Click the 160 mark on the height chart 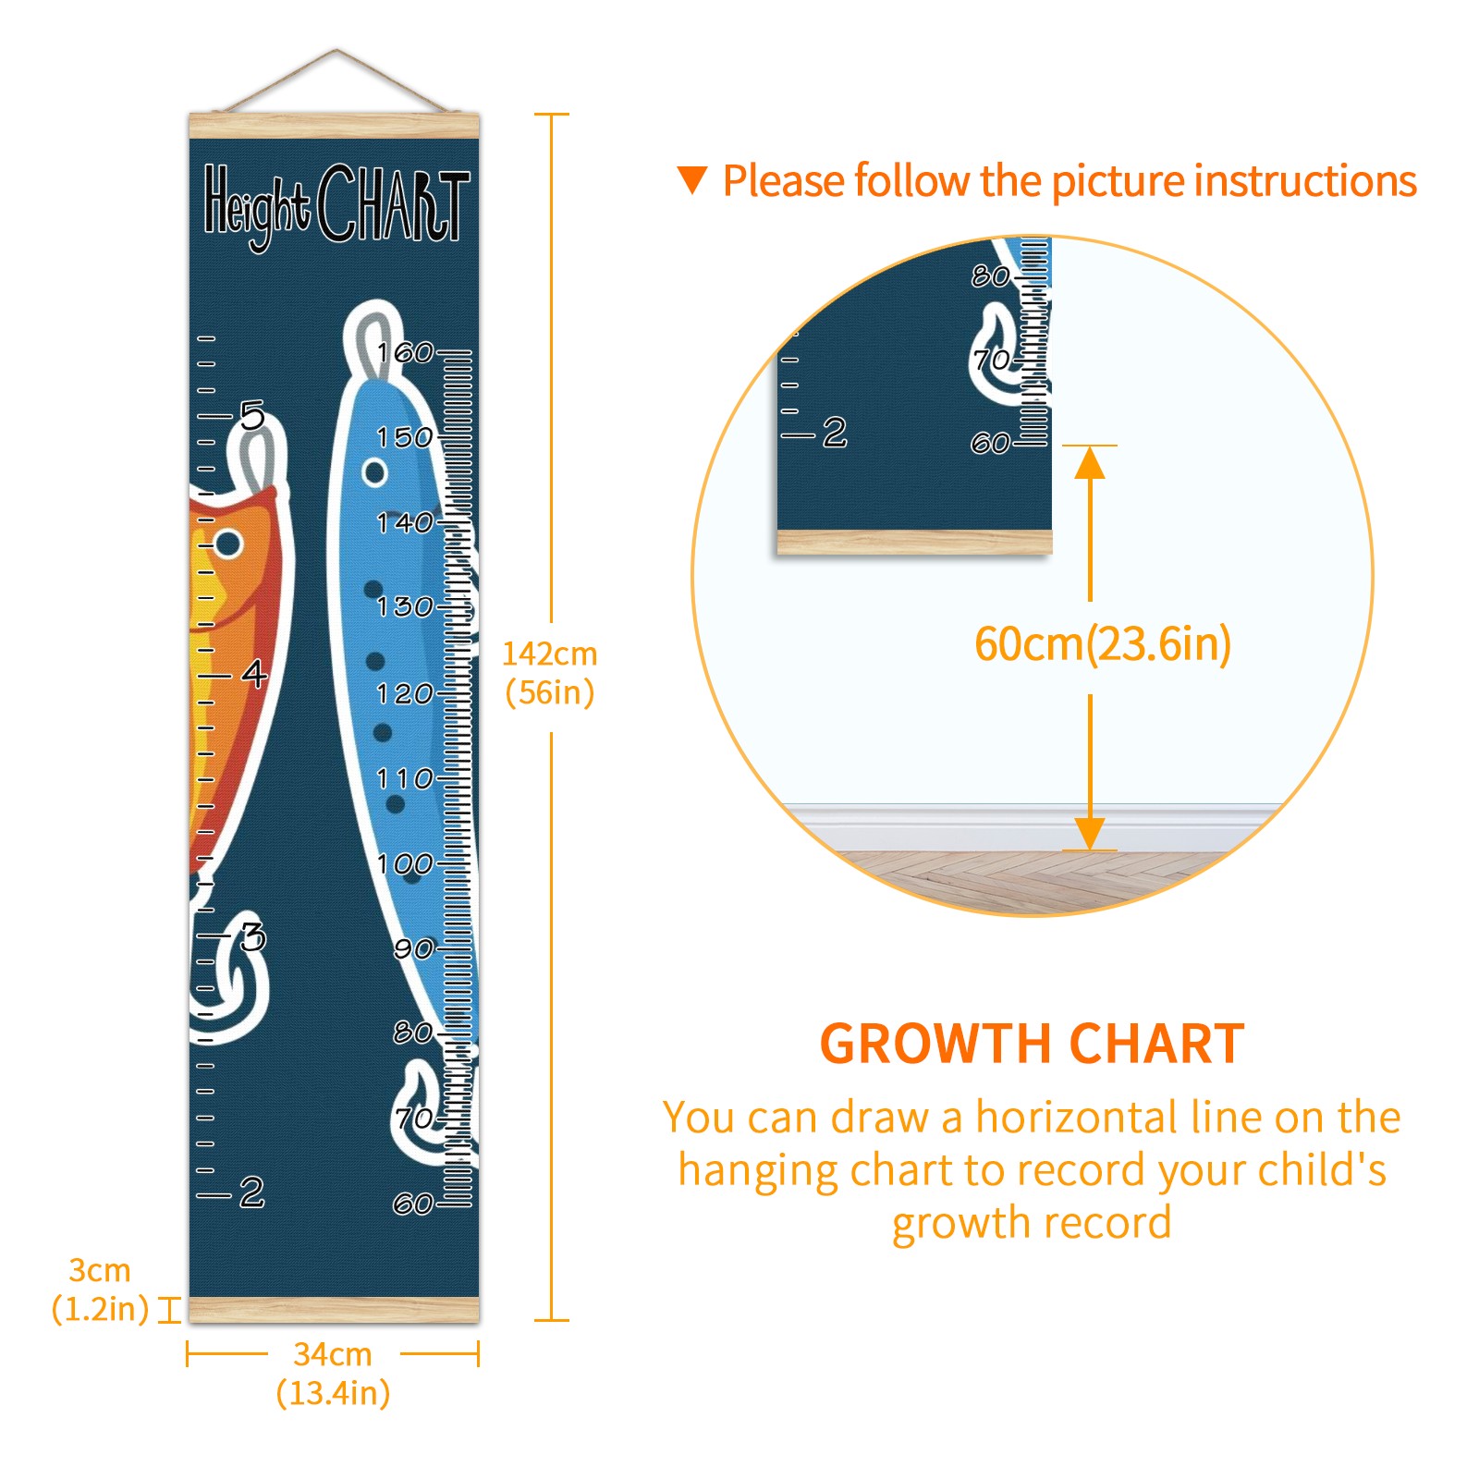tap(405, 352)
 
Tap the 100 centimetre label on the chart tap(405, 864)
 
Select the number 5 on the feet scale tap(252, 416)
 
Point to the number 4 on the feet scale tap(254, 674)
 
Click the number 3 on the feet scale tap(253, 936)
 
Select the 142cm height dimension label tap(550, 673)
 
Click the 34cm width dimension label tap(333, 1374)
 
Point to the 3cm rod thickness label tap(100, 1290)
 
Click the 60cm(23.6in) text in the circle tap(1103, 643)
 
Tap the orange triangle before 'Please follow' tap(692, 180)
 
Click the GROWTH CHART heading tap(1033, 1045)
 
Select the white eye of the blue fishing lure tap(374, 472)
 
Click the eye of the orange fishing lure tap(228, 544)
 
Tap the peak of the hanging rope tap(336, 50)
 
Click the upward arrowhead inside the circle tap(1091, 462)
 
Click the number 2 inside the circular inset tap(835, 432)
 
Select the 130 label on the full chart tap(405, 606)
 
